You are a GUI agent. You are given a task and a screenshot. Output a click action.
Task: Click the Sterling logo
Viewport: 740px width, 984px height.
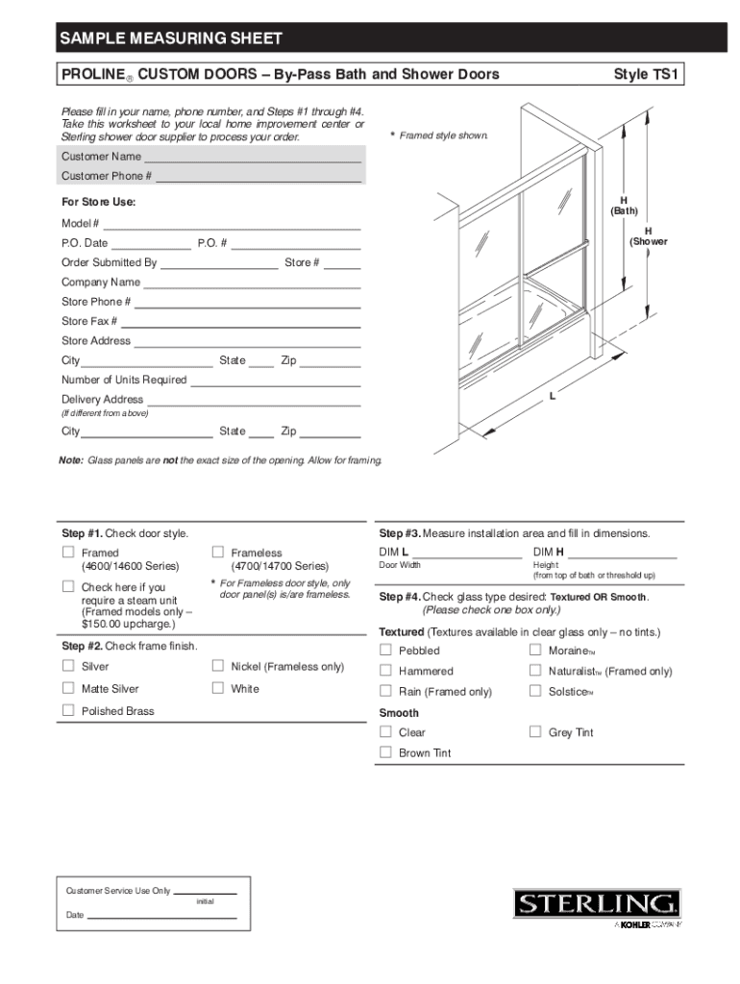597,904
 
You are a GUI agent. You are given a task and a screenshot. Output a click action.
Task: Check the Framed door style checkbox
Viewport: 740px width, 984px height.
68,552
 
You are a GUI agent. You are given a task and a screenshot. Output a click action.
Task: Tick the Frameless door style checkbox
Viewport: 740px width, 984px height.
218,552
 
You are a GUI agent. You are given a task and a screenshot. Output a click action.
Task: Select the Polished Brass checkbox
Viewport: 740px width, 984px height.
68,710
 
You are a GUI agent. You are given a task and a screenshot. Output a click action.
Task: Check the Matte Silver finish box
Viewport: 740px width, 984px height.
68,688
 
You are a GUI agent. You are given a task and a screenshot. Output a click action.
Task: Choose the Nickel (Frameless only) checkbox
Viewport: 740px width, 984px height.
218,666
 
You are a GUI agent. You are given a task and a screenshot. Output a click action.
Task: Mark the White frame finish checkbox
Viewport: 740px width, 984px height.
218,688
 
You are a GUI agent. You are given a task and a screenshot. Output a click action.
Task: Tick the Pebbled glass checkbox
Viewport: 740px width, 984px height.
385,650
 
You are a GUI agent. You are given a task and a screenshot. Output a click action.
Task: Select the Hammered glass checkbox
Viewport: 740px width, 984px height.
385,671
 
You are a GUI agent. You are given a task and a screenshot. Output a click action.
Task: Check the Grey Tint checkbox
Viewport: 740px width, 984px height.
535,731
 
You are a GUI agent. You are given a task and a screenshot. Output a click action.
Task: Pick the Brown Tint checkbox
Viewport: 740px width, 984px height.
385,752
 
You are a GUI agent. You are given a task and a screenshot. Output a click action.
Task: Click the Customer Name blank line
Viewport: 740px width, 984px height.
252,158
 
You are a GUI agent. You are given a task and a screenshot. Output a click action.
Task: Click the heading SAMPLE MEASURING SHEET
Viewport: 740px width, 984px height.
171,38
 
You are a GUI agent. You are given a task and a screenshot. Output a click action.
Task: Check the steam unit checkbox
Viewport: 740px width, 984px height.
68,586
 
